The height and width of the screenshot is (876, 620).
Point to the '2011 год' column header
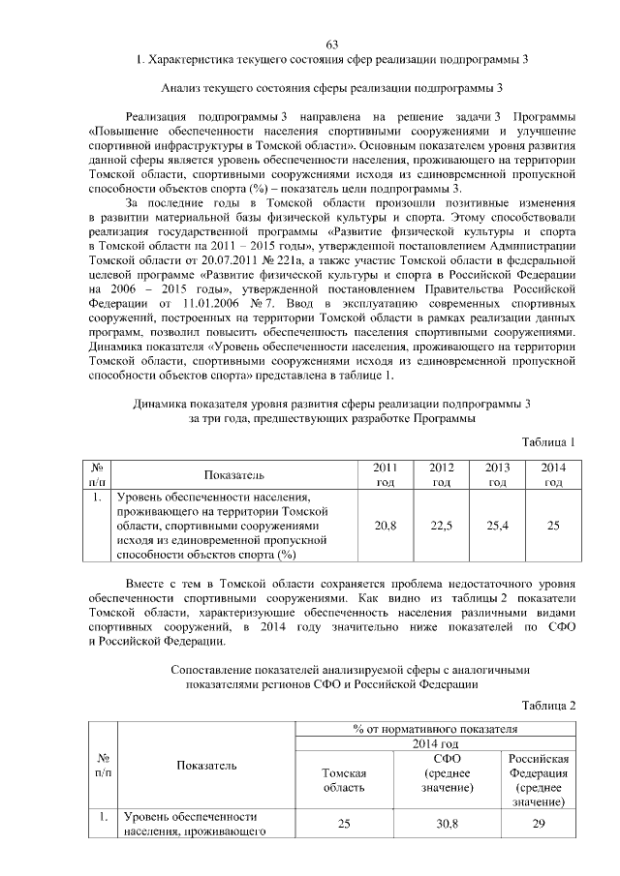pyautogui.click(x=385, y=474)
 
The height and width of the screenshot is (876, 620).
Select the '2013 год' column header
pyautogui.click(x=498, y=474)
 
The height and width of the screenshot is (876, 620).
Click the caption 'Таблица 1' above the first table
pyautogui.click(x=549, y=441)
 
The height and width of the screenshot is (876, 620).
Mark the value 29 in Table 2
pyautogui.click(x=540, y=823)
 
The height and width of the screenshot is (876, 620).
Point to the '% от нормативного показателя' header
pyautogui.click(x=435, y=728)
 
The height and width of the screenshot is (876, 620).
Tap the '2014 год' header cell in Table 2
pyautogui.click(x=435, y=742)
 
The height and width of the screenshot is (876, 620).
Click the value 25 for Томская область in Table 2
pyautogui.click(x=344, y=823)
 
